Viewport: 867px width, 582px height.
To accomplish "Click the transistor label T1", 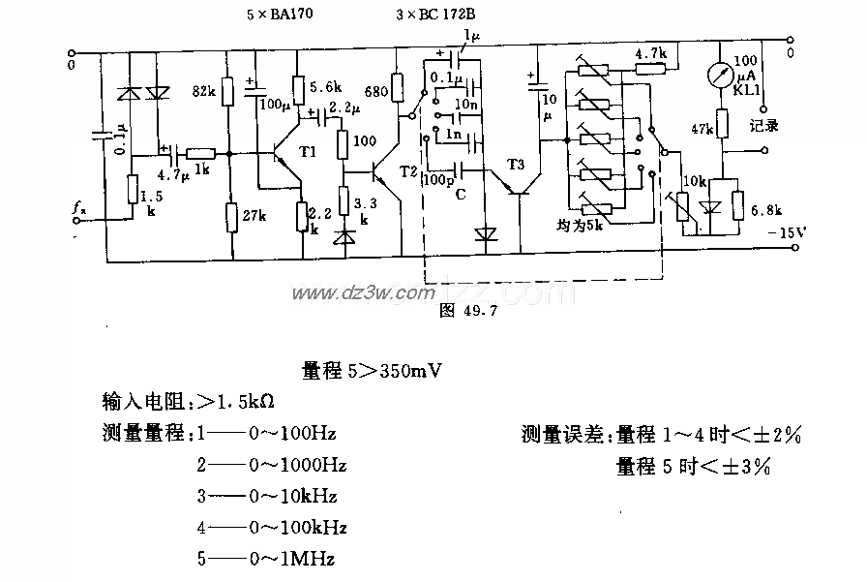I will coord(308,152).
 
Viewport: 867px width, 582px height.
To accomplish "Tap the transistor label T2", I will coord(407,170).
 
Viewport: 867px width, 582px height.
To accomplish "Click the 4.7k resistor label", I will coord(650,53).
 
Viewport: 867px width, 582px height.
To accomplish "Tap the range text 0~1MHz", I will coord(292,559).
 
